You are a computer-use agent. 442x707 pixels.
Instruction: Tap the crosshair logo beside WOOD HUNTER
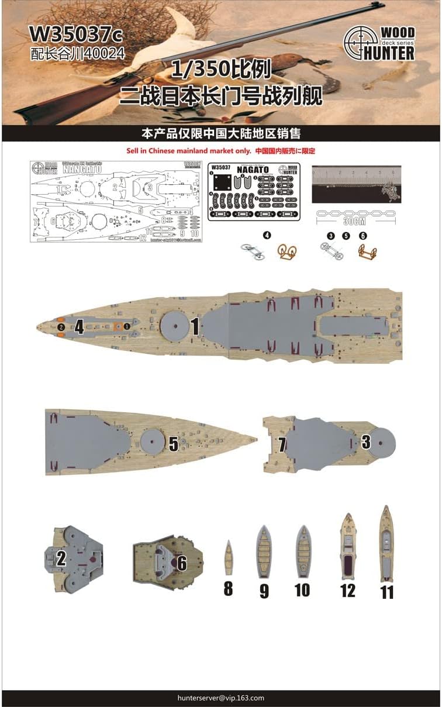pyautogui.click(x=361, y=44)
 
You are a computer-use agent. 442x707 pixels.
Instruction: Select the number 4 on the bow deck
pyautogui.click(x=79, y=327)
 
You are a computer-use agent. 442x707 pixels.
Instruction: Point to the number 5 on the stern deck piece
pyautogui.click(x=173, y=443)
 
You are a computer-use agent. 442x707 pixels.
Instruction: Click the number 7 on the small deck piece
pyautogui.click(x=282, y=445)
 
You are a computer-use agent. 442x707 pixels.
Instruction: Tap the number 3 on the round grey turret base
pyautogui.click(x=365, y=442)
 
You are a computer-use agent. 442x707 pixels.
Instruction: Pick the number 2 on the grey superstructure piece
pyautogui.click(x=60, y=556)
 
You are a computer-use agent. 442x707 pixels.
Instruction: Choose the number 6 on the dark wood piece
pyautogui.click(x=181, y=563)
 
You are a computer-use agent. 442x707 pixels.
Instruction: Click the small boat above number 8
pyautogui.click(x=228, y=558)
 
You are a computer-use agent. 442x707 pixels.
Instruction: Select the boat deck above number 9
pyautogui.click(x=264, y=553)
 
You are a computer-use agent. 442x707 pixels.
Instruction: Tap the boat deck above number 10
pyautogui.click(x=303, y=552)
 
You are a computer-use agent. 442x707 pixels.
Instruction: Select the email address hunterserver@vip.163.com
pyautogui.click(x=221, y=698)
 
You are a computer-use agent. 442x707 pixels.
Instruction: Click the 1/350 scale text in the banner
pyautogui.click(x=222, y=70)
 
